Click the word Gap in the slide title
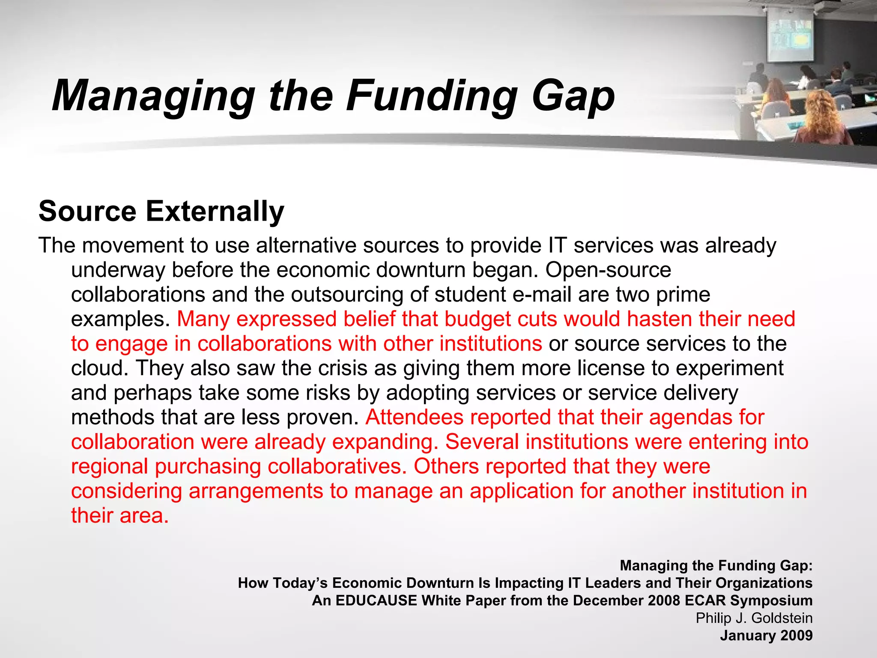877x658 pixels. (573, 97)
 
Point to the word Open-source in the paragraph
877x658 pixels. (608, 270)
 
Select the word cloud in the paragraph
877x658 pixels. (97, 368)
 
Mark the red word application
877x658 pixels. (522, 491)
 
